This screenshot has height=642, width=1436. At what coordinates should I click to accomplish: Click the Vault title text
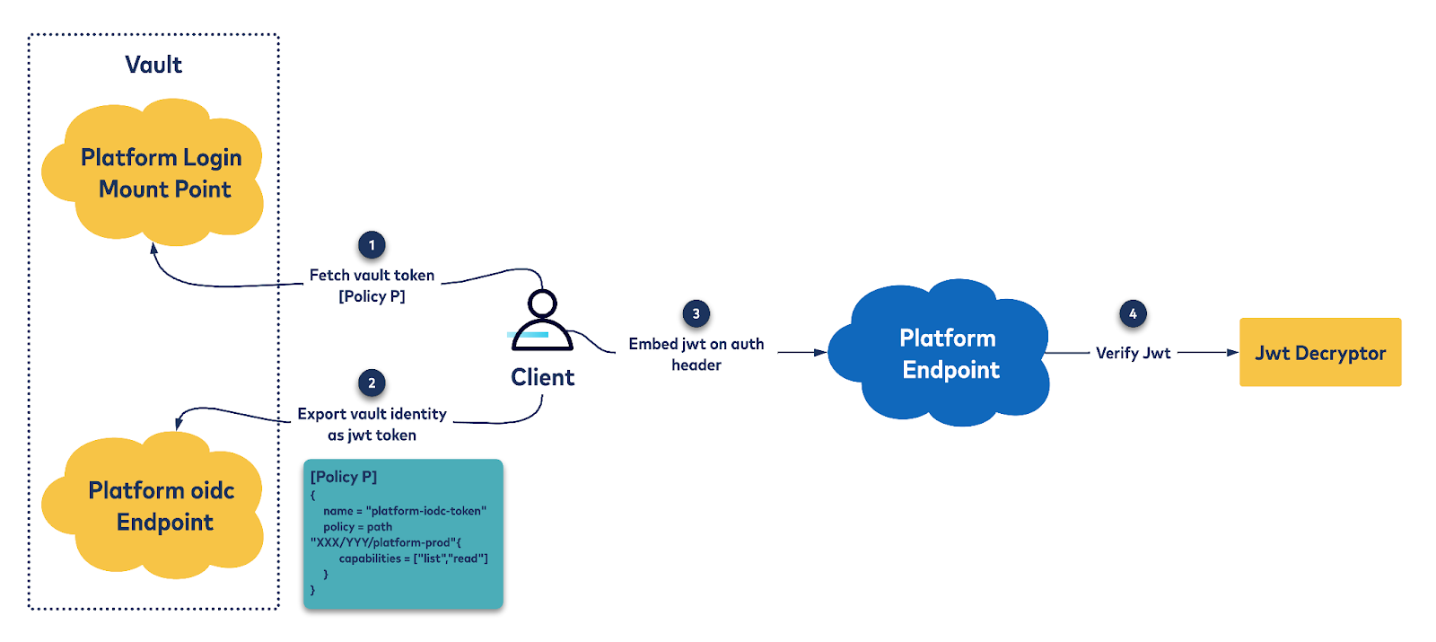tap(153, 65)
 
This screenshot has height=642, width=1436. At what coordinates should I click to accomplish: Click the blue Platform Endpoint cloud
tap(942, 354)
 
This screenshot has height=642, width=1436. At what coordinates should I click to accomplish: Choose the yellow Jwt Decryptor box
tap(1319, 352)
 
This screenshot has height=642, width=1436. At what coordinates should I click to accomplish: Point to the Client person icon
tap(542, 321)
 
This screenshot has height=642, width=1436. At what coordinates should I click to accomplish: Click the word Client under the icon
tap(542, 377)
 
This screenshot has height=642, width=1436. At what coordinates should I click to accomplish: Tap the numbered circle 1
tap(372, 245)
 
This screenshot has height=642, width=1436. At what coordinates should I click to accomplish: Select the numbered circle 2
tap(372, 383)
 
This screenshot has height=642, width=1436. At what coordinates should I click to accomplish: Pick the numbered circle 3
tap(696, 313)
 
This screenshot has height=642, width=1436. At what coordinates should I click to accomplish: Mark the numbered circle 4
tap(1133, 313)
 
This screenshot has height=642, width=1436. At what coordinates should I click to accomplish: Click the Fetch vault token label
tap(372, 276)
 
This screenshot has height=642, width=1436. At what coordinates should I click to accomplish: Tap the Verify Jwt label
tap(1133, 353)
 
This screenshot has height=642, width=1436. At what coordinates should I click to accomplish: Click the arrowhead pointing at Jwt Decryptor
tap(1233, 353)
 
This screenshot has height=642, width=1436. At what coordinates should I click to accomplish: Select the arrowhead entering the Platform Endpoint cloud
tap(820, 353)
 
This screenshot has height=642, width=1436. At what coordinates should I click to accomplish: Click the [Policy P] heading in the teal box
tap(344, 477)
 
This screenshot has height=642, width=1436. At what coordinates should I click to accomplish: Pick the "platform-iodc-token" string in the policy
tap(426, 511)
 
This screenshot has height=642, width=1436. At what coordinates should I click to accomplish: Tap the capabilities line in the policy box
tap(413, 558)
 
